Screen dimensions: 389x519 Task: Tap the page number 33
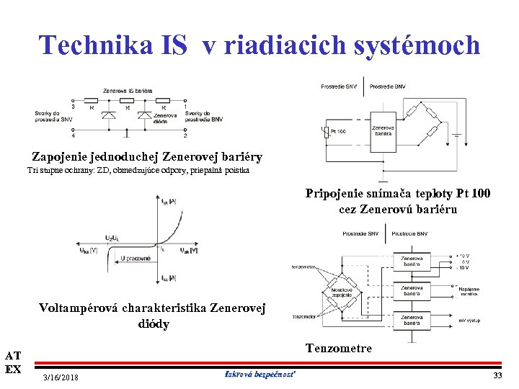(x=497, y=376)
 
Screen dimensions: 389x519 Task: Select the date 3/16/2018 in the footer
(x=61, y=377)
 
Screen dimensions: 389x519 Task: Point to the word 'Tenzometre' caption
(x=339, y=349)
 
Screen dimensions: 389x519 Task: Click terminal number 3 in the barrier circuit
(x=73, y=107)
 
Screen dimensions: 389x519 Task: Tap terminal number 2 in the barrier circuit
(x=186, y=135)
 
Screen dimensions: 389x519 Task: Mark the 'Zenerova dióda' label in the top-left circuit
(x=164, y=119)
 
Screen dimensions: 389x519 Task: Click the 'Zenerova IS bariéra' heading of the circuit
(x=128, y=91)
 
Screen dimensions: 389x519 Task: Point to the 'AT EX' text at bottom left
(x=13, y=362)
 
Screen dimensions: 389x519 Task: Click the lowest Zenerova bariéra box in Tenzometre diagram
(x=412, y=320)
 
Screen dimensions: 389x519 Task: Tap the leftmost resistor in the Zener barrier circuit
(x=92, y=101)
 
